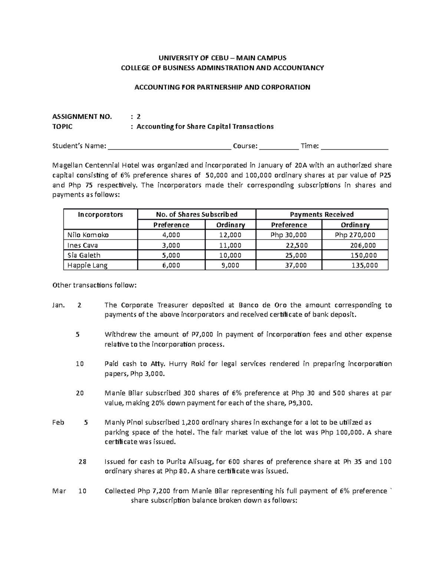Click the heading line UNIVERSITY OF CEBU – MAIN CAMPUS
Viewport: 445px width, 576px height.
222,58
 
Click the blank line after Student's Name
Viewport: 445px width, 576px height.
169,147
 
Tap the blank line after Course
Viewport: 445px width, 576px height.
278,147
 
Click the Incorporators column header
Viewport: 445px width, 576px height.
100,214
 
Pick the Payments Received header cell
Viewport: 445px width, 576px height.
322,214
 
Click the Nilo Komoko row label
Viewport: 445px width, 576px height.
88,235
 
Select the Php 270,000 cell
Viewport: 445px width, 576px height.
355,235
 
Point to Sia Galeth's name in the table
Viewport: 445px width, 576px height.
84,255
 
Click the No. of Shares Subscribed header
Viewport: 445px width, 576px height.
197,214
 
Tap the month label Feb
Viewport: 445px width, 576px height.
58,422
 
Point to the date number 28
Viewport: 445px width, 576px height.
82,462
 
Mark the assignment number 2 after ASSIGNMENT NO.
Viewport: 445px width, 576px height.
139,116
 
